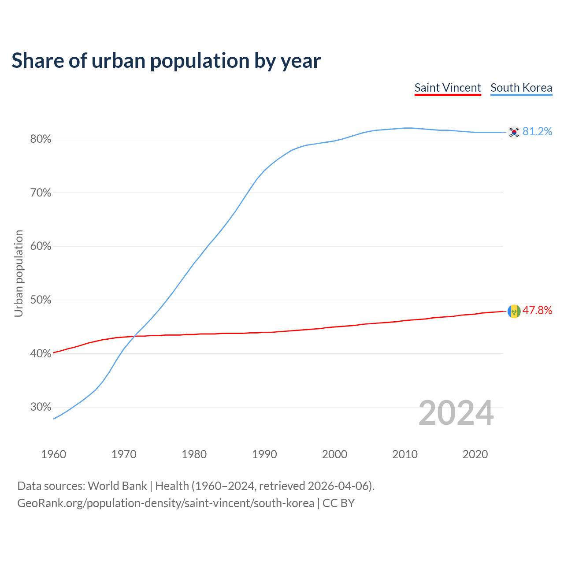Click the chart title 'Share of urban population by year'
(166, 61)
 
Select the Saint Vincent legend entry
(448, 88)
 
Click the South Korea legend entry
(521, 88)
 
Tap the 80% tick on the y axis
(41, 139)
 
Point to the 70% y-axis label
(41, 193)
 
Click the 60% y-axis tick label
(41, 246)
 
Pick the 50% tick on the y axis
(41, 300)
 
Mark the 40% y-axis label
(41, 353)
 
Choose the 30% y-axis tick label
(41, 407)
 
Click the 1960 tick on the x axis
(54, 454)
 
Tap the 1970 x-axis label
(124, 454)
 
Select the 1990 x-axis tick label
(264, 454)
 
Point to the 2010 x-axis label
(405, 454)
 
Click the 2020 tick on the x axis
(475, 454)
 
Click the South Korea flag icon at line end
(514, 132)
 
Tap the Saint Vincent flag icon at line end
(514, 311)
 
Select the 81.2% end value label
(537, 132)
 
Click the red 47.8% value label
(537, 311)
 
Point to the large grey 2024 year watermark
(456, 413)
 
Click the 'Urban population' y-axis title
(19, 273)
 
